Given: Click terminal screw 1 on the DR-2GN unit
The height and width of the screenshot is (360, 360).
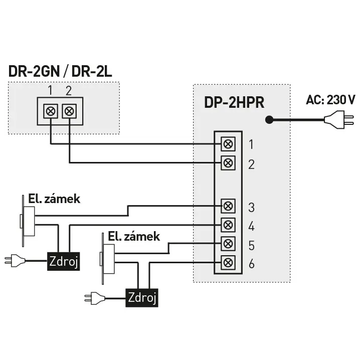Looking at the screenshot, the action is (x=51, y=111).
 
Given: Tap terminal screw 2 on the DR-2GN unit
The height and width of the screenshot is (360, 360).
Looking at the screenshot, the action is (x=69, y=111).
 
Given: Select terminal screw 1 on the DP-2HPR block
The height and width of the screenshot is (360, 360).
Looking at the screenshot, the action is (x=228, y=144).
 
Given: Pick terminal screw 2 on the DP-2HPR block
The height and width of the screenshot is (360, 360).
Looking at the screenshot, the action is (x=228, y=163).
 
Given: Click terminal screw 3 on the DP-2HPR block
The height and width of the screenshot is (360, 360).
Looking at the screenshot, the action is (x=228, y=206).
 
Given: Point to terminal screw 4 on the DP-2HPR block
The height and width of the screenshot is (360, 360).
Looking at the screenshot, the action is (x=228, y=225).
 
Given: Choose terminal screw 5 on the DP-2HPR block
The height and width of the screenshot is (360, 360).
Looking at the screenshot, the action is (x=228, y=244).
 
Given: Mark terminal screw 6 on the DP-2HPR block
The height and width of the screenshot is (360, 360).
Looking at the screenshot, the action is (x=228, y=263).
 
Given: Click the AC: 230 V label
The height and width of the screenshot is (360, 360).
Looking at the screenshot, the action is (x=330, y=100).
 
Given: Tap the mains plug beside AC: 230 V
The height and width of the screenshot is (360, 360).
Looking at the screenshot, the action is (x=339, y=120).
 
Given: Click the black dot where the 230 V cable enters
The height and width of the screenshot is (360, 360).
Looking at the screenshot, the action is (x=269, y=120).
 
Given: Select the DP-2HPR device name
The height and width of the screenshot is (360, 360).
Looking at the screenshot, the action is (x=234, y=102).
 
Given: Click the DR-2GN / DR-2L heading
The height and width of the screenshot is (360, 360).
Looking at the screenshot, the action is (x=60, y=71).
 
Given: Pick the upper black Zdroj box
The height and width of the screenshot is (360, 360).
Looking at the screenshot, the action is (x=64, y=261).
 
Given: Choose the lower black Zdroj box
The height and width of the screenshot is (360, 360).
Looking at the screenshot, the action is (x=142, y=298).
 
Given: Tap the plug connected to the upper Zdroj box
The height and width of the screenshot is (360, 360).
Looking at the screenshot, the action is (x=15, y=261).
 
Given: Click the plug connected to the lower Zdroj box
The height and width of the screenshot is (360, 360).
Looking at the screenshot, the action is (x=95, y=298).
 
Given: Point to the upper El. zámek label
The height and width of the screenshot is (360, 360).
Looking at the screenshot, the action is (x=54, y=199).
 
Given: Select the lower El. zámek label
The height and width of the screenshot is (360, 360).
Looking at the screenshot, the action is (x=134, y=237).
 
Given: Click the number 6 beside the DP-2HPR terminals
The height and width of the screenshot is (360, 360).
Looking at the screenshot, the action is (x=252, y=264).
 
